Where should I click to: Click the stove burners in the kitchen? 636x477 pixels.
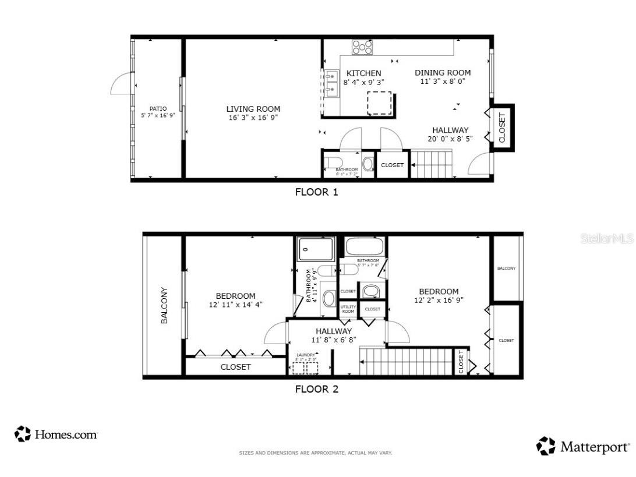tap(362, 47)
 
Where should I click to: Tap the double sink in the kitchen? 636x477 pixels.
tap(332, 83)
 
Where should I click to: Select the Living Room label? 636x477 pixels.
tap(253, 109)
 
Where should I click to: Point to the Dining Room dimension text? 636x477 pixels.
tap(442, 82)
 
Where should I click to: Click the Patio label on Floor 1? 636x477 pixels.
tap(158, 108)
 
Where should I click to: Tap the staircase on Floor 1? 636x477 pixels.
tap(432, 164)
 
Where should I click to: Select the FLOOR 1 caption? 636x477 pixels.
tap(316, 192)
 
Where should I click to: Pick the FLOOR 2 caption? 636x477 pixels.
tap(316, 389)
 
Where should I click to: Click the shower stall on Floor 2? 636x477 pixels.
tap(316, 249)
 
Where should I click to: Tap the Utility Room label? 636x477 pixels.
tap(348, 309)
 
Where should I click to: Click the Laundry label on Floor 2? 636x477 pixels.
tap(306, 355)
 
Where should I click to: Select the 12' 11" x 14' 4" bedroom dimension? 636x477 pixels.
tap(236, 305)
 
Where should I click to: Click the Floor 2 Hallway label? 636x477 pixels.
tap(333, 331)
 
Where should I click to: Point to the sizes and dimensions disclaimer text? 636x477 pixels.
tap(316, 453)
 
